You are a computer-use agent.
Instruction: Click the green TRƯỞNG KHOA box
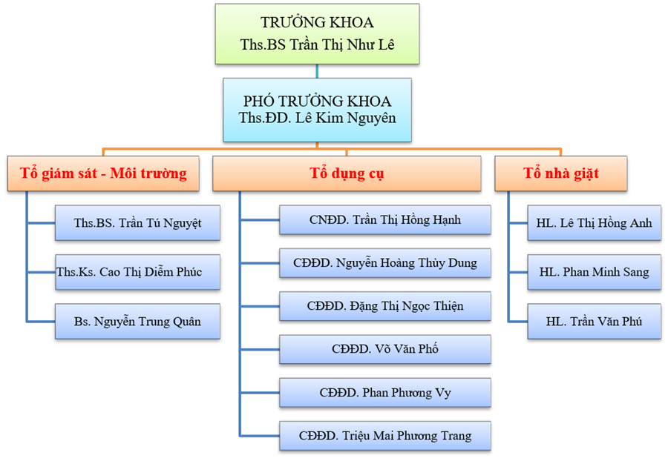point(317,34)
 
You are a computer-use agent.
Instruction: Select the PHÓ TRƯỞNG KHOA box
point(317,110)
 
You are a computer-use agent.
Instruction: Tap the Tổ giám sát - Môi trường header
point(103,173)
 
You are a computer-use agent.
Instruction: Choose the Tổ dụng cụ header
point(347,173)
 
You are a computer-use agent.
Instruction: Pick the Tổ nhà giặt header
point(560,173)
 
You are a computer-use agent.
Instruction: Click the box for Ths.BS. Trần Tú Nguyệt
point(137,223)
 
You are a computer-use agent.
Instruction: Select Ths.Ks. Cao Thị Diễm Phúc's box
point(137,272)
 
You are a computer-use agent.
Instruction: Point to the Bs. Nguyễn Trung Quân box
point(137,322)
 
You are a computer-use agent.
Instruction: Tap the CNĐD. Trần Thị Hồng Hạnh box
point(385,220)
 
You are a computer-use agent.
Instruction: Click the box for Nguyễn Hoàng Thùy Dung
point(385,263)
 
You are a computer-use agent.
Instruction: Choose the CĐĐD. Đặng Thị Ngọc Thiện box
point(385,306)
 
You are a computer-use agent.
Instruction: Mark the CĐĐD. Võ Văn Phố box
point(385,349)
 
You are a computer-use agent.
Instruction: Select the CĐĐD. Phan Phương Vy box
point(385,393)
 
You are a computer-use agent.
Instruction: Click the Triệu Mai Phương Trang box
point(385,436)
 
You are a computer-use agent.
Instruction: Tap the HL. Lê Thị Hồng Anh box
point(595,223)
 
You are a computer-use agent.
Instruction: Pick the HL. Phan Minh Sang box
point(595,272)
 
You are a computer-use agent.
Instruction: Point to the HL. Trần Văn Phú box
point(595,322)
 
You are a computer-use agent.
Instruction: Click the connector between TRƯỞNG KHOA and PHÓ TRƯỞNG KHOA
point(317,71)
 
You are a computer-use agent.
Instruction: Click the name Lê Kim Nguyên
point(345,118)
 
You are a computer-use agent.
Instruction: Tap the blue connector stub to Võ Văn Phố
point(260,350)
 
